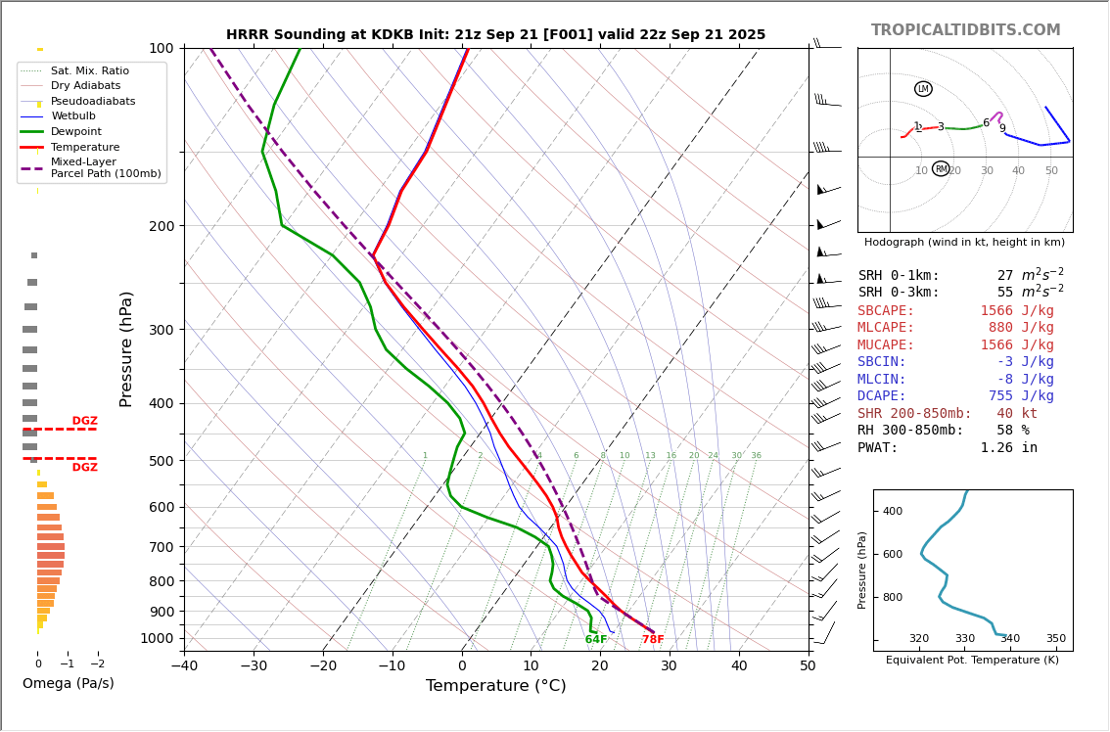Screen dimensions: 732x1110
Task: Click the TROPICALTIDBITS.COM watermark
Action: [x=965, y=30]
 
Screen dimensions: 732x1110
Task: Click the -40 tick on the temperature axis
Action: [x=184, y=666]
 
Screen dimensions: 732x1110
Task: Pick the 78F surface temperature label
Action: [x=653, y=640]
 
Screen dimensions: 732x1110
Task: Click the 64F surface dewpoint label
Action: [x=596, y=640]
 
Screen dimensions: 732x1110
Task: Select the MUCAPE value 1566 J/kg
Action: [x=1017, y=345]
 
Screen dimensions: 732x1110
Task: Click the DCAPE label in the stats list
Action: [x=882, y=396]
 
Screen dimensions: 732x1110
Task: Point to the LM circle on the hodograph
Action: [x=923, y=89]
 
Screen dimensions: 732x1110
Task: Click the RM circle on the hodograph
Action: [x=941, y=169]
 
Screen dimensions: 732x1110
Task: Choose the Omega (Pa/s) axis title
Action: [x=68, y=684]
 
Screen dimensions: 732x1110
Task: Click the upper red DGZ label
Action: [x=84, y=421]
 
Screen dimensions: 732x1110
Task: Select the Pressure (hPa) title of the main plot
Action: [x=127, y=348]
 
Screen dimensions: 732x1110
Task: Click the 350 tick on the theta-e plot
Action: [x=1055, y=639]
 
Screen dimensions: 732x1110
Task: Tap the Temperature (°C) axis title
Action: [x=495, y=686]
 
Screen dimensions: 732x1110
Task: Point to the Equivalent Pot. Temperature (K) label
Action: [x=972, y=661]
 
